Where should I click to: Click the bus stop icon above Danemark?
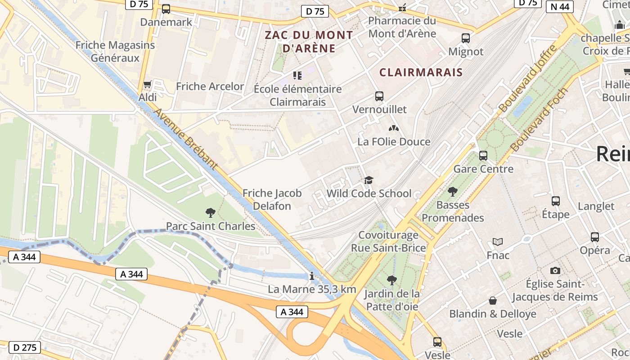coord(166,9)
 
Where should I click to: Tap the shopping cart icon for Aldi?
coord(147,84)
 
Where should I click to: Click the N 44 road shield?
coord(560,7)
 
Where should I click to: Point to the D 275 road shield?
coord(25,347)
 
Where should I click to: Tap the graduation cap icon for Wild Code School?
coord(369,180)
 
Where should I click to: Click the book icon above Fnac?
coord(498,242)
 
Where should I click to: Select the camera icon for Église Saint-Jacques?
coord(555,270)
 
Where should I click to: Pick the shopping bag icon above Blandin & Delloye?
coord(493,301)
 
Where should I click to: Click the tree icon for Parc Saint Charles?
coord(210,213)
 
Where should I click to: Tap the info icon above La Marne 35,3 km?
coord(311,276)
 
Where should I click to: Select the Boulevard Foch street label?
coord(539,120)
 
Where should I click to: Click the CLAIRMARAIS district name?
coord(421,72)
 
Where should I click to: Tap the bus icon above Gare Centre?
coord(483,156)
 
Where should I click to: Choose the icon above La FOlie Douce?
coord(394,129)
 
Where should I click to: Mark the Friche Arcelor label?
coord(210,86)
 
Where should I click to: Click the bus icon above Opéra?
coord(595,237)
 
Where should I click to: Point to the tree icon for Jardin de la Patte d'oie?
coord(392,280)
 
